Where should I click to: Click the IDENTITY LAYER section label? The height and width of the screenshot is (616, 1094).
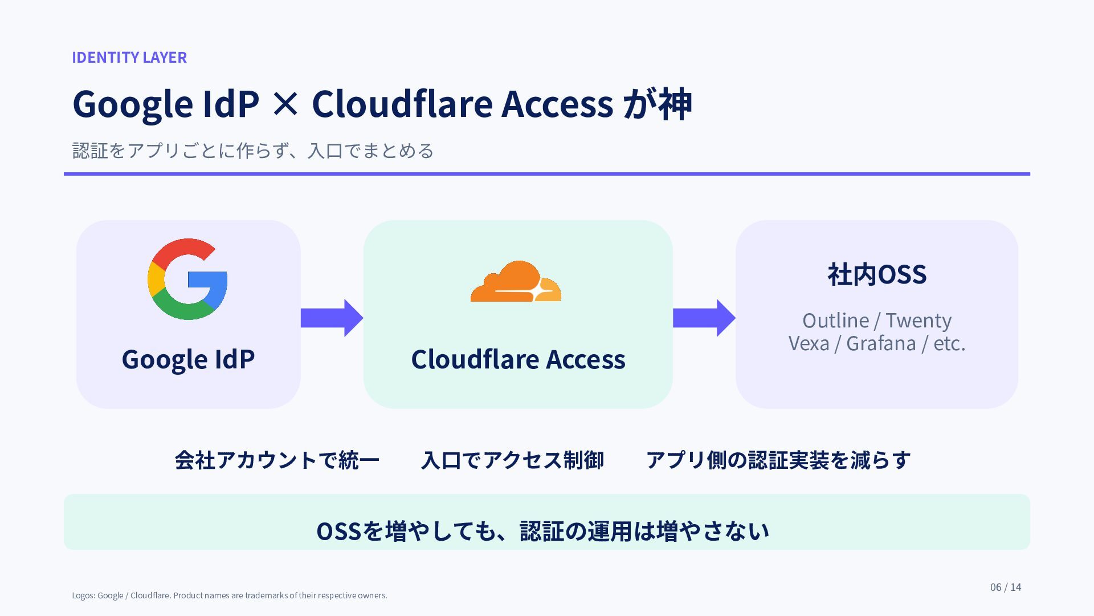click(129, 57)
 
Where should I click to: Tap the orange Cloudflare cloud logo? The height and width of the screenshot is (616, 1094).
click(516, 281)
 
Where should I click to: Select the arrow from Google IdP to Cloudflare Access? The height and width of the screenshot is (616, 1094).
click(332, 318)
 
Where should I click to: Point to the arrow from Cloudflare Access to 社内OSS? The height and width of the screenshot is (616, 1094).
click(704, 318)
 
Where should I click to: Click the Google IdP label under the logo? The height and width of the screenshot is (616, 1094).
click(188, 359)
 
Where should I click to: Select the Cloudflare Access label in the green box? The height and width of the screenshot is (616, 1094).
click(518, 359)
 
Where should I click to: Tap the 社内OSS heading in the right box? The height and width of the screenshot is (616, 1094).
click(877, 274)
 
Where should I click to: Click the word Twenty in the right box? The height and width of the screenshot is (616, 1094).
click(919, 321)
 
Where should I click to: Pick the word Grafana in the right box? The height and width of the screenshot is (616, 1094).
click(881, 343)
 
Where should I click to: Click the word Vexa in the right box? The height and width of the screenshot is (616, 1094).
click(809, 343)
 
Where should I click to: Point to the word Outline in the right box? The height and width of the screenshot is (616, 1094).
click(836, 321)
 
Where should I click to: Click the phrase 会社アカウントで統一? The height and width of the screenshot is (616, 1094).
click(277, 460)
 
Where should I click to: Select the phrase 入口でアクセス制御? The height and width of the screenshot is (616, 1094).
click(512, 460)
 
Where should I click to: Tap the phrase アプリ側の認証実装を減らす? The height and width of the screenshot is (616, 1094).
click(778, 460)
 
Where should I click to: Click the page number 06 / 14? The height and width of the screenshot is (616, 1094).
click(1006, 587)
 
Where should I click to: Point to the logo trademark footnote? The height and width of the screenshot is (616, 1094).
click(230, 595)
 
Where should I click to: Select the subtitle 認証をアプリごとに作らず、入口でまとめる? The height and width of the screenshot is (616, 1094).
click(253, 151)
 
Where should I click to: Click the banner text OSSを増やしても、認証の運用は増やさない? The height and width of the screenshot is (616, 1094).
click(542, 531)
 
